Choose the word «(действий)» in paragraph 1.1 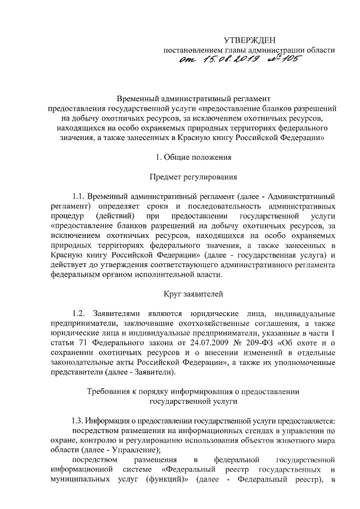115,217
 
